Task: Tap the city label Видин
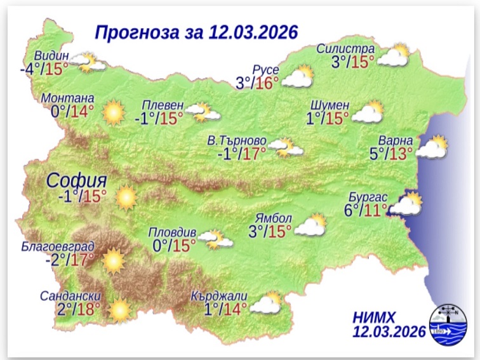(x=52, y=55)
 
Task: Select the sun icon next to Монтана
(x=113, y=112)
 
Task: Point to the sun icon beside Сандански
(x=119, y=310)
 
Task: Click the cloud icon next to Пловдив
(x=214, y=239)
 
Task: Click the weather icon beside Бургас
(x=406, y=205)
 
